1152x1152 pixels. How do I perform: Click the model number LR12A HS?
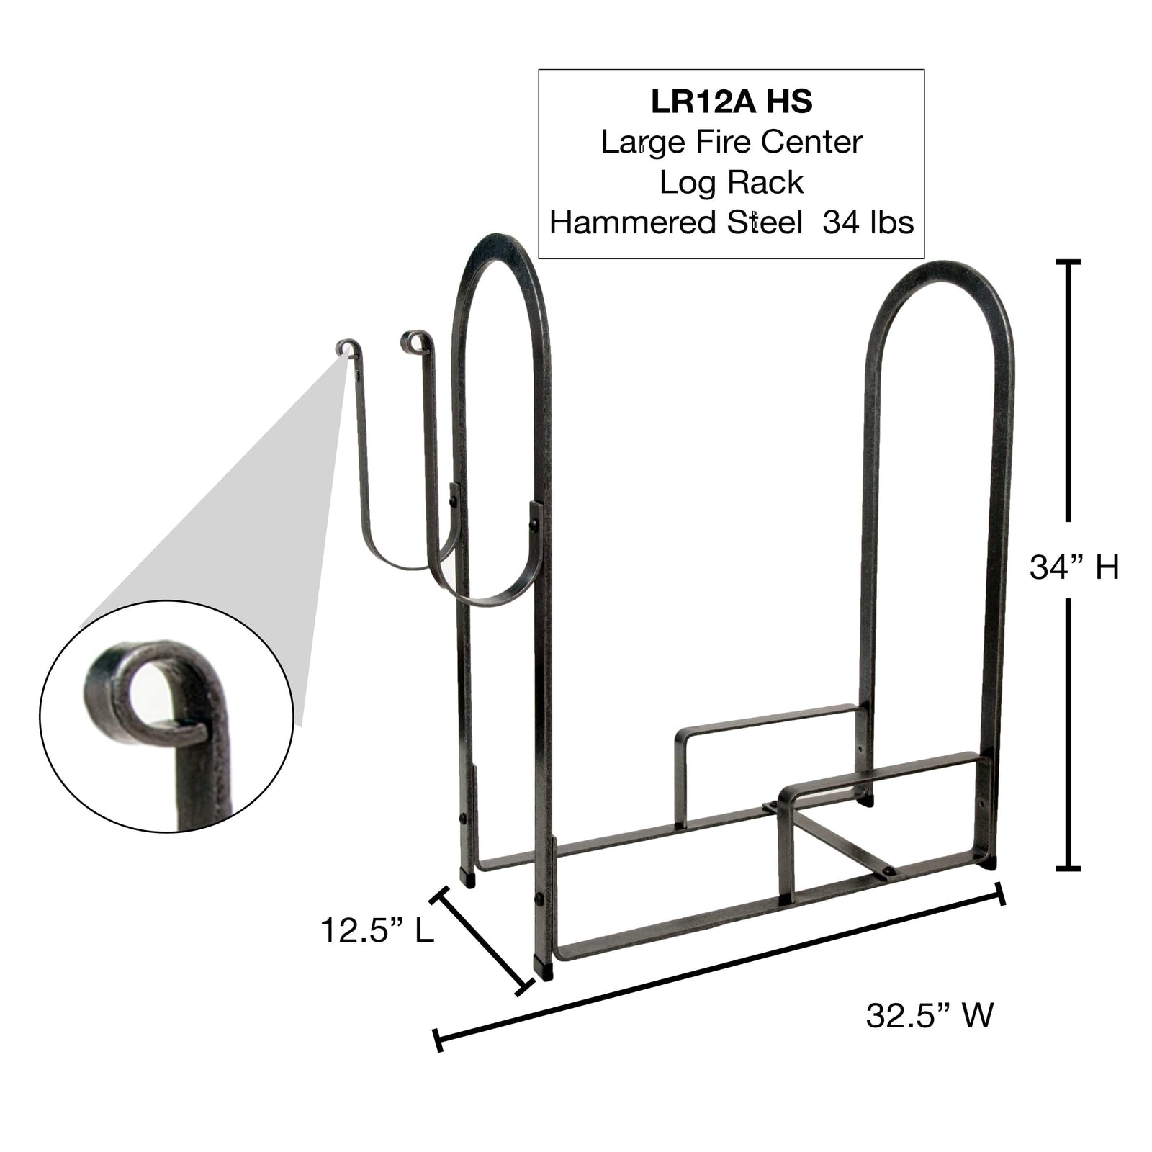pos(732,102)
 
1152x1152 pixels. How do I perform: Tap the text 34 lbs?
pos(868,222)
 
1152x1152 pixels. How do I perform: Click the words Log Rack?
pos(732,183)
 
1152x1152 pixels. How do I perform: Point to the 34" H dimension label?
pos(1074,567)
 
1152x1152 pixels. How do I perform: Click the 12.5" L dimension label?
pos(377,930)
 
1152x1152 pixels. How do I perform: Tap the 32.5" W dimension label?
pos(929,1016)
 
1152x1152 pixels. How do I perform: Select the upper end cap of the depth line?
pos(439,896)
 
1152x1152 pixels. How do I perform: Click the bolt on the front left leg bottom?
pos(538,899)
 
